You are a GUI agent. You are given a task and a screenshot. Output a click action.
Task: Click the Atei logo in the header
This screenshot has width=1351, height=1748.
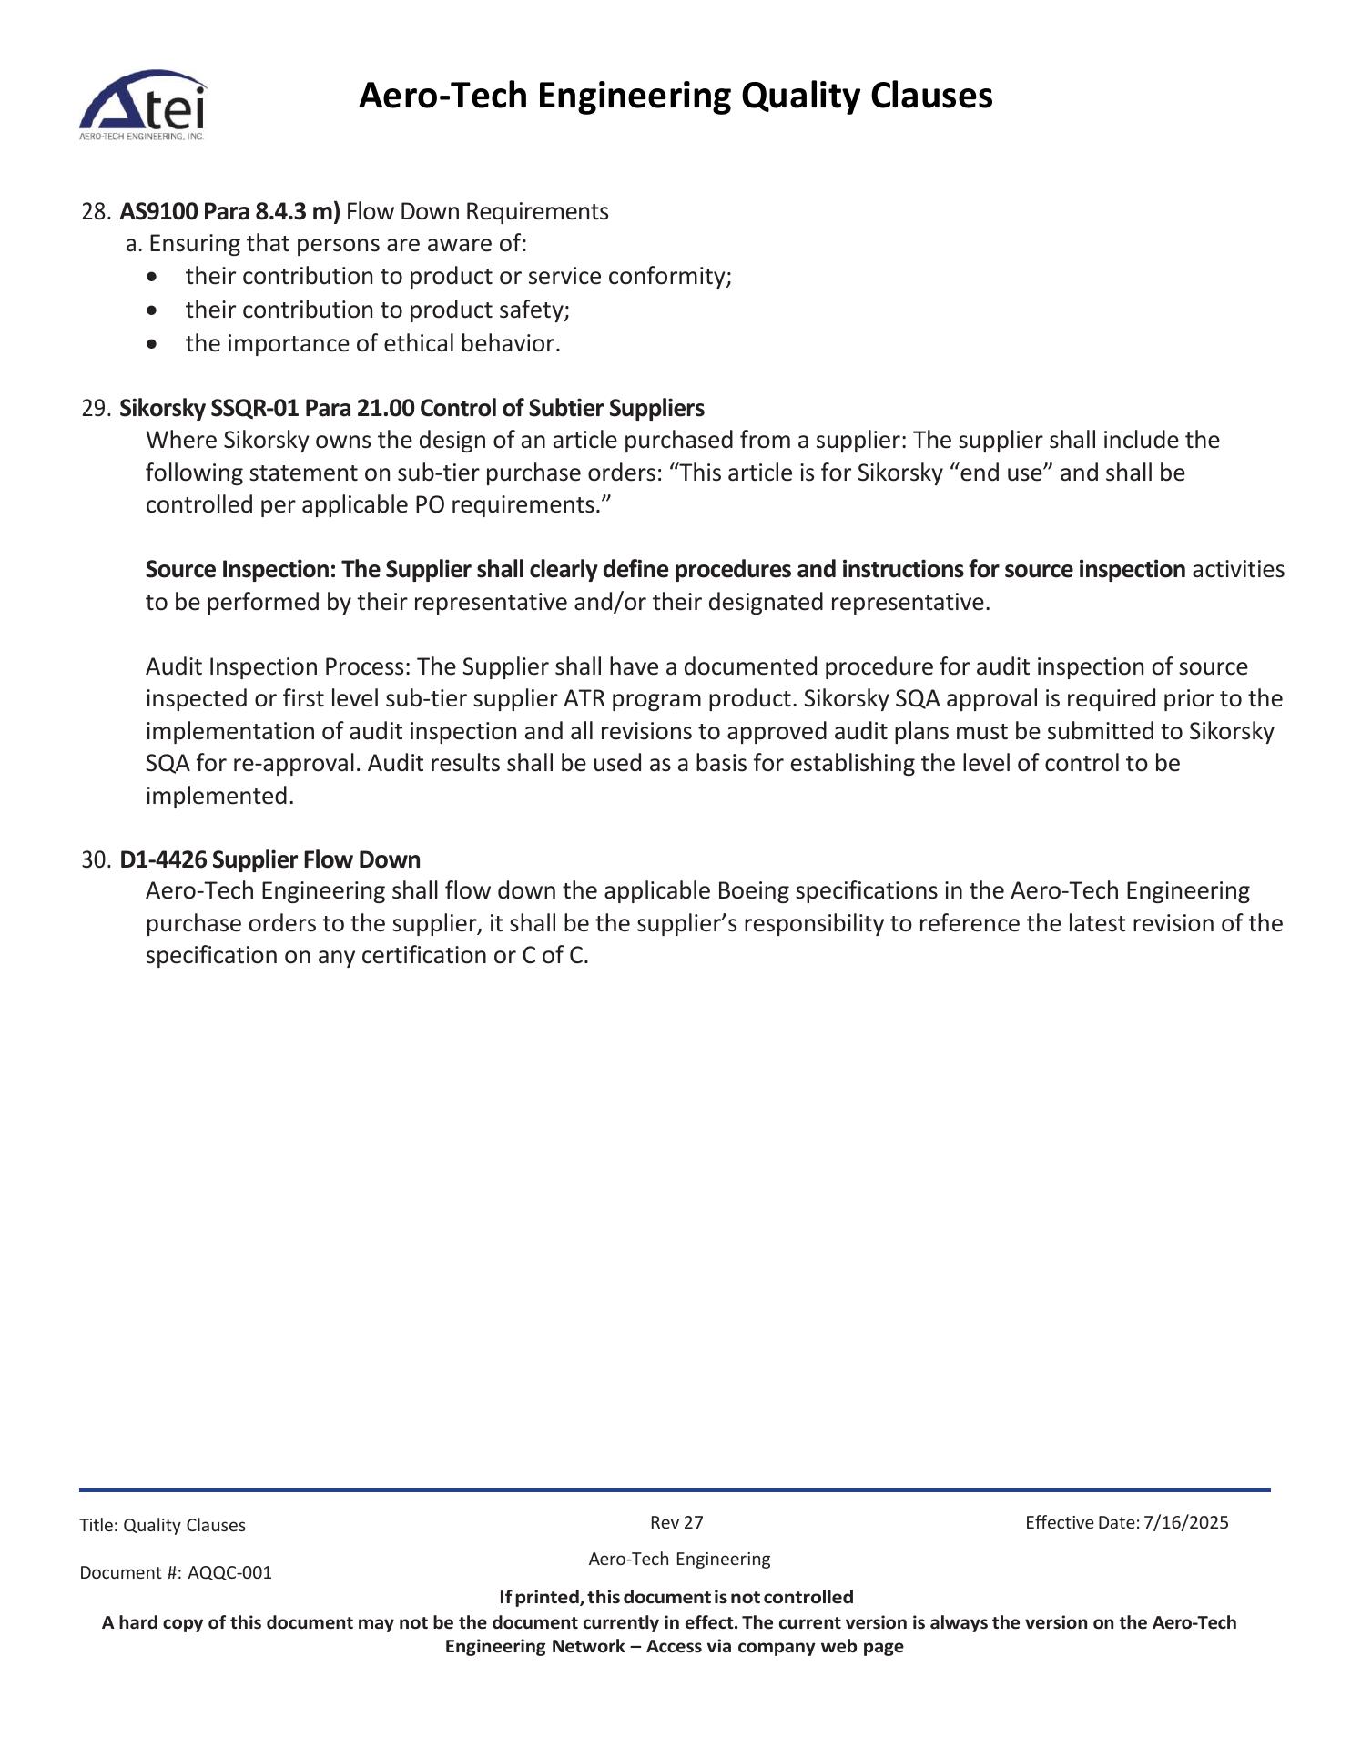143,105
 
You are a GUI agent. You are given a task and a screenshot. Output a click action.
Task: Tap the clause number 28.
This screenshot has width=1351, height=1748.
96,212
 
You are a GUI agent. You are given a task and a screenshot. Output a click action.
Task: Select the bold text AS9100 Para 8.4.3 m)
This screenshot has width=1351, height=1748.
229,212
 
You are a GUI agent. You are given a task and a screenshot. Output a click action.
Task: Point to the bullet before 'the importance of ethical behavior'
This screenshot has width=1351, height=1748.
151,344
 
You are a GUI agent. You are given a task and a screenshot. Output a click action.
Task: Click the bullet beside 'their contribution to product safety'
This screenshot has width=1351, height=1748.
151,310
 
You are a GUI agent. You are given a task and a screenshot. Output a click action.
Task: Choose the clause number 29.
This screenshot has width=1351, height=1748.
96,408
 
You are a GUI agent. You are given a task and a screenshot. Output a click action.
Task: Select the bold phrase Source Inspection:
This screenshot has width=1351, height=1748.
240,570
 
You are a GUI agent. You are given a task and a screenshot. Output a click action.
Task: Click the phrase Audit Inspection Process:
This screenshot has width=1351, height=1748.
279,667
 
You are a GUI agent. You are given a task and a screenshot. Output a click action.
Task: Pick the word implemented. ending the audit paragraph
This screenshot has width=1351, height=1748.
219,797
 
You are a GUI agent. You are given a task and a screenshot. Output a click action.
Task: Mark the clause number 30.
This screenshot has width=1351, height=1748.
96,860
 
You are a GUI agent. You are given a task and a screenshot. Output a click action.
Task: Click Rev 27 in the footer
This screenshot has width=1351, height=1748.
676,1522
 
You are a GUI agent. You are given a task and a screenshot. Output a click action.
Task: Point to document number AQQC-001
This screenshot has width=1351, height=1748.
229,1572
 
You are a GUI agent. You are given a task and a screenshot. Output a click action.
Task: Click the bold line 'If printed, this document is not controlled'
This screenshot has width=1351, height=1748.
675,1597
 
